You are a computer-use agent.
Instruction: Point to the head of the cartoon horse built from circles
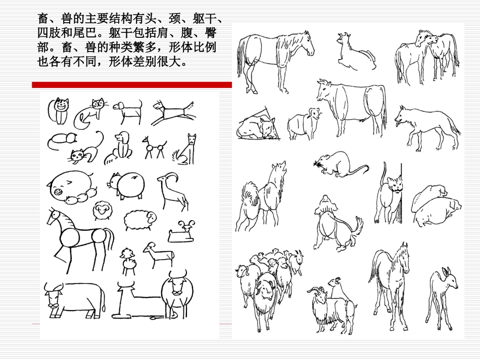tap(56, 218)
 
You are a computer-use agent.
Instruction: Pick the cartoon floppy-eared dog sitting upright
tap(119, 148)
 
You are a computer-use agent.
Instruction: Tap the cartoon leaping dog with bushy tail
tap(173, 112)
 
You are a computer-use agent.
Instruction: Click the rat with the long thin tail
tap(339, 166)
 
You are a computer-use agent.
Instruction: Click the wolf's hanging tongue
tap(397, 124)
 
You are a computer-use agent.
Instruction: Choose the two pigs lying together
tap(436, 206)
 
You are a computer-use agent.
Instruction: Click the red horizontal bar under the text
tap(131, 85)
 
